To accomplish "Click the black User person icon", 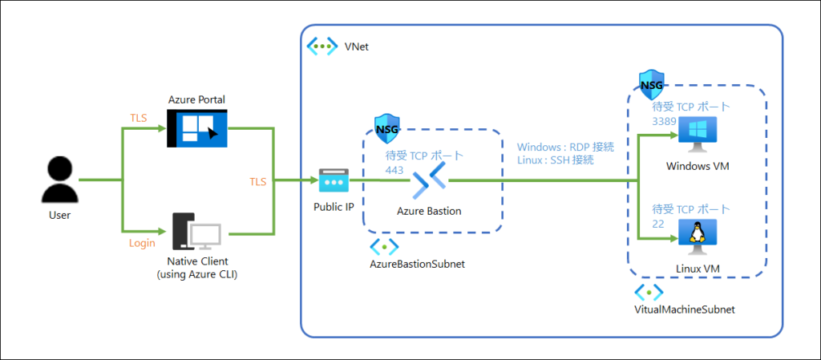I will [x=60, y=180].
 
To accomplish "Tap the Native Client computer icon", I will [x=196, y=233].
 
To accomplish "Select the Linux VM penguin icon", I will [x=697, y=233].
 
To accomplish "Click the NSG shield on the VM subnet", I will [x=651, y=83].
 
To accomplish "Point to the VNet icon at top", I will [x=322, y=47].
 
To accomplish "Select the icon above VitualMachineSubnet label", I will [x=648, y=292].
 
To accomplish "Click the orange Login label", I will [x=142, y=242].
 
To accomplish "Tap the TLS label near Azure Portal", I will [x=140, y=117].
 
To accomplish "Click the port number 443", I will [x=394, y=170].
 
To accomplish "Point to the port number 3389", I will [x=665, y=121].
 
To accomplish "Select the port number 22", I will [x=659, y=224].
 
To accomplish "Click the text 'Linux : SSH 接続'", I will [x=555, y=160].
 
